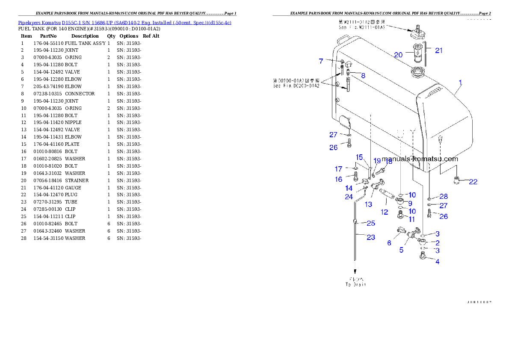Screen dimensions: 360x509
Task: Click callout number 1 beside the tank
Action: pyautogui.click(x=460, y=82)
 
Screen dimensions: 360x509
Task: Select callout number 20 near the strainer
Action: pyautogui.click(x=399, y=55)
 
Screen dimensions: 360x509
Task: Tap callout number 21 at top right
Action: pyautogui.click(x=439, y=50)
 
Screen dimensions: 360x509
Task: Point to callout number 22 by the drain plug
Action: pyautogui.click(x=473, y=182)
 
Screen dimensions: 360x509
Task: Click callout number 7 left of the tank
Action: pyautogui.click(x=321, y=61)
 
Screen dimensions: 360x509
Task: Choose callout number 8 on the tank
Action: pyautogui.click(x=363, y=76)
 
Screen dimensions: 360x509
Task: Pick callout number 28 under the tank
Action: pyautogui.click(x=444, y=196)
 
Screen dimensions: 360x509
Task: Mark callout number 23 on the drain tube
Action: pyautogui.click(x=371, y=237)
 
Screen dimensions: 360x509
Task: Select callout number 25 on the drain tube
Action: pyautogui.click(x=371, y=223)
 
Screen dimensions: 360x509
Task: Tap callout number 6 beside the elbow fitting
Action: pyautogui.click(x=389, y=243)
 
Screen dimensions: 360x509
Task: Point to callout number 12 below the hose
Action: pyautogui.click(x=384, y=212)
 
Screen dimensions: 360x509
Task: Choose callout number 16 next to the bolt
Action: pyautogui.click(x=339, y=180)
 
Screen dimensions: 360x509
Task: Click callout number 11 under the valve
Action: pyautogui.click(x=412, y=219)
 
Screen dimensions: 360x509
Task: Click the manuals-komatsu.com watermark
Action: pyautogui.click(x=420, y=159)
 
